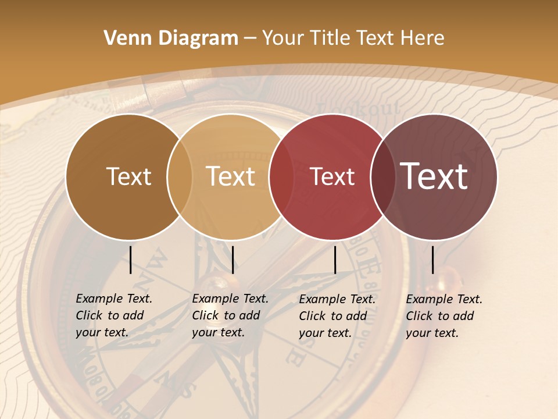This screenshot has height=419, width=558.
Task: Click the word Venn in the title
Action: (125, 38)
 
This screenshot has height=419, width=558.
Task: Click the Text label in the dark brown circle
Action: (128, 176)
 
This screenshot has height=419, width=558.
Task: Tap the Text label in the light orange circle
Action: (231, 176)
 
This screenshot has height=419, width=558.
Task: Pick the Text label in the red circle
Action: (332, 176)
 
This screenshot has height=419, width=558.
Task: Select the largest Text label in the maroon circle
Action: (434, 176)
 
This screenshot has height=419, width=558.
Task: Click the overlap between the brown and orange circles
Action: (180, 176)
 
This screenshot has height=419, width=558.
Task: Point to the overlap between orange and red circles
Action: (281, 176)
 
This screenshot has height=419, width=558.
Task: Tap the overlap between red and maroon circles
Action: (383, 176)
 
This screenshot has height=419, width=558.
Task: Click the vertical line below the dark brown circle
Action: (131, 260)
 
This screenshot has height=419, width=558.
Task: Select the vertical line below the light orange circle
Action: (233, 260)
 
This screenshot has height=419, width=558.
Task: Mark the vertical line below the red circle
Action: (335, 260)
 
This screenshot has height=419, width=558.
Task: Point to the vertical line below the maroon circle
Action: (432, 260)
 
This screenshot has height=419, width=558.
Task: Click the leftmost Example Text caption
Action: (114, 315)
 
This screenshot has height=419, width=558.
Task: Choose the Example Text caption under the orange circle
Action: (230, 315)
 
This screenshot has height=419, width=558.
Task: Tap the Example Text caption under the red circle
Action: (337, 316)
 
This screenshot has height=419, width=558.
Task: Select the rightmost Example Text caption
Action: (444, 316)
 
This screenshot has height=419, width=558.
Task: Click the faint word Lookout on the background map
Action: (359, 109)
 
